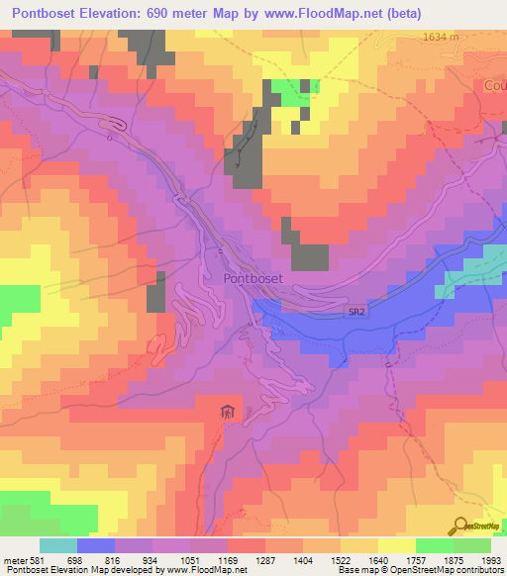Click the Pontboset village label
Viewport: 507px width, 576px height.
[253, 279]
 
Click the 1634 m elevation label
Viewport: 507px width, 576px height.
[442, 37]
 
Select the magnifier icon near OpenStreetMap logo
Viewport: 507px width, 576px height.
[461, 527]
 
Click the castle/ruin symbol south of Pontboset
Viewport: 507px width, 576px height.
[229, 410]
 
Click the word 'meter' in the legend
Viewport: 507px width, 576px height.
[14, 560]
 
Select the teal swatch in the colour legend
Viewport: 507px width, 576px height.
[58, 545]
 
